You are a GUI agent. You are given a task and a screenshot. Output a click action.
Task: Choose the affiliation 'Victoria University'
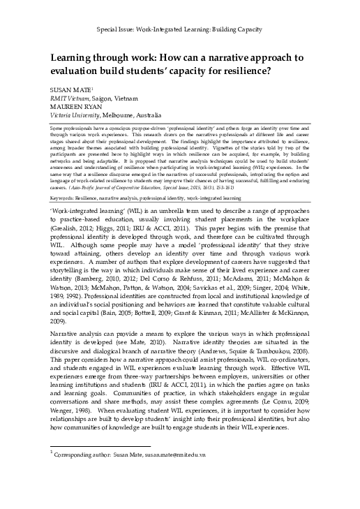pos(79,115)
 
